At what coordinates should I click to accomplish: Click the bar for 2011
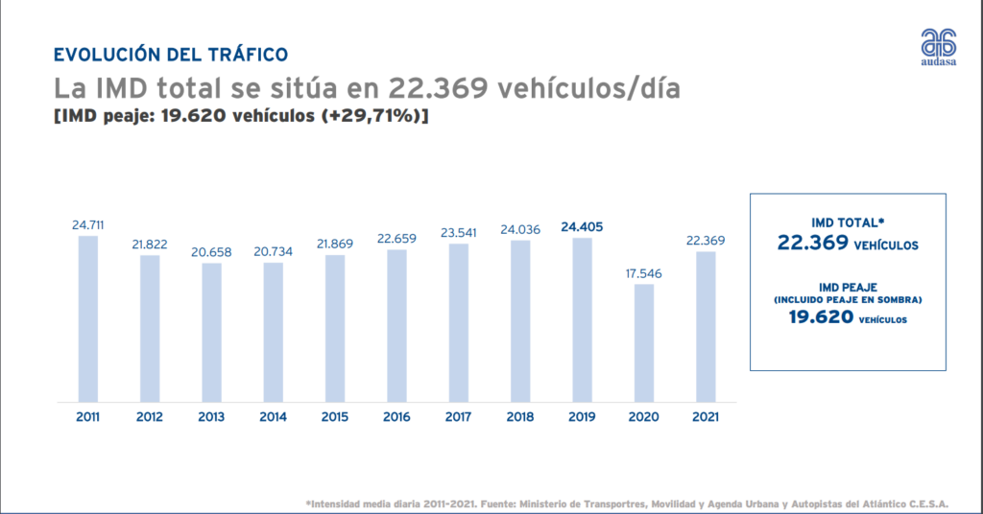tap(87, 318)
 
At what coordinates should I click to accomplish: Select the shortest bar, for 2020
tap(644, 342)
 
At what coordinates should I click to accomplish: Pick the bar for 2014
tap(273, 332)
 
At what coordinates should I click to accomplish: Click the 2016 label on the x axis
tap(396, 417)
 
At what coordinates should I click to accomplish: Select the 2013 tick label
tap(211, 417)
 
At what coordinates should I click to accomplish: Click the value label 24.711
tap(87, 225)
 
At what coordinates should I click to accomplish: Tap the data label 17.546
tap(644, 273)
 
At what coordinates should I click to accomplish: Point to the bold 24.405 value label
tap(582, 227)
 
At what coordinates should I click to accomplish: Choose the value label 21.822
tap(150, 245)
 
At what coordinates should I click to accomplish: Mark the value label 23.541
tap(459, 233)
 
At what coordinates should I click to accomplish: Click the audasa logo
tap(939, 47)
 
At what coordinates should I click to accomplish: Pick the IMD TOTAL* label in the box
tap(848, 222)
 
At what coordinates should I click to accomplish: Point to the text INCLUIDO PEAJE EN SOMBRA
tap(848, 300)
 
